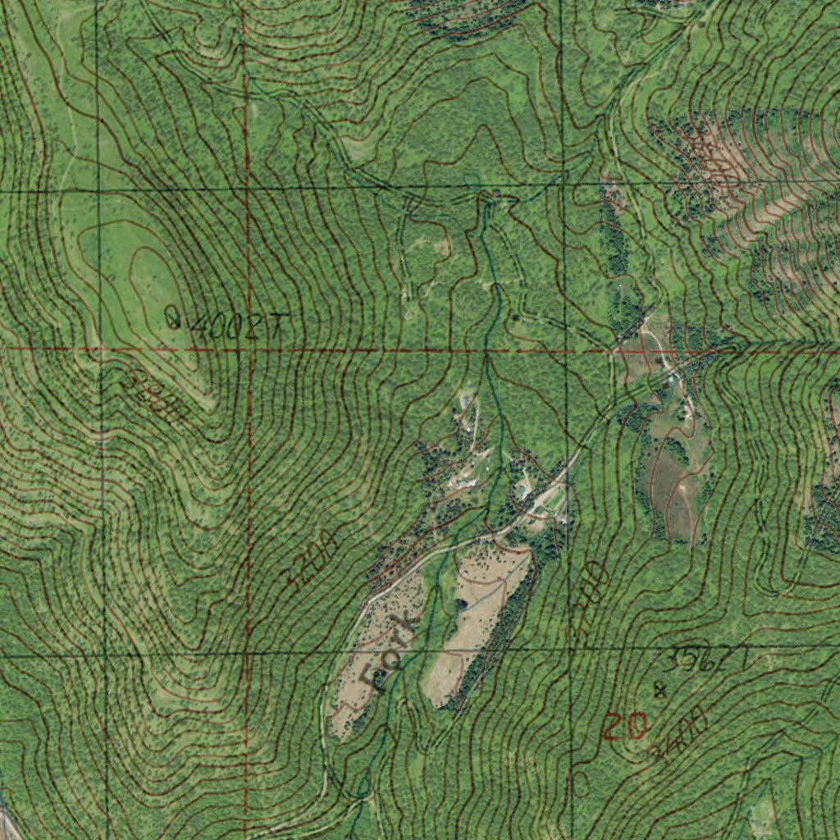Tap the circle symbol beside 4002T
coord(172,317)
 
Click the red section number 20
coord(626,727)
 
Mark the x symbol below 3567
coord(660,690)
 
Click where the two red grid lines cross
coord(246,349)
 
